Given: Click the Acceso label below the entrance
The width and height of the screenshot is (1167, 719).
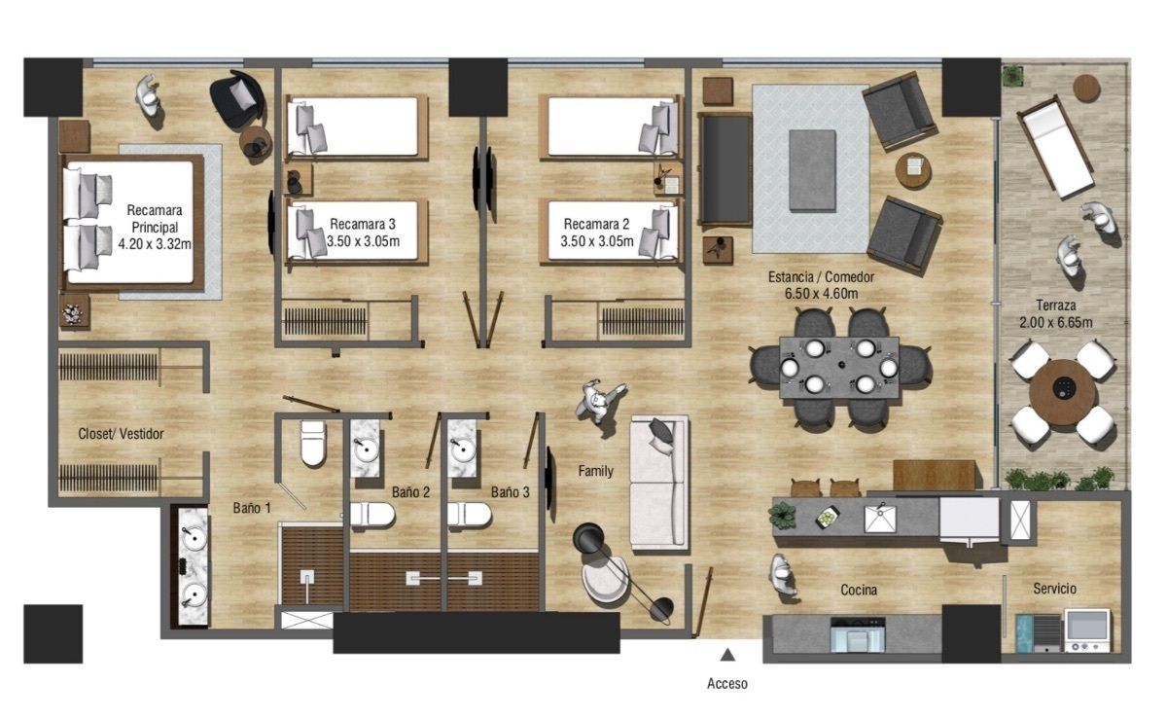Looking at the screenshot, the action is click(x=726, y=684).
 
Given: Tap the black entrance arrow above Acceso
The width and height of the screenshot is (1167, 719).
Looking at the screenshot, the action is click(x=727, y=655).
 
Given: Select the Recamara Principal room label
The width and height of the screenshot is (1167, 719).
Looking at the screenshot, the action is click(x=155, y=219).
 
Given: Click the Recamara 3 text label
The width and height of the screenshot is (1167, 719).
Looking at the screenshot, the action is click(x=363, y=224).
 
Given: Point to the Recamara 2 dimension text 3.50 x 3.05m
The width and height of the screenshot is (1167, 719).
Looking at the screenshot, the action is click(x=596, y=241).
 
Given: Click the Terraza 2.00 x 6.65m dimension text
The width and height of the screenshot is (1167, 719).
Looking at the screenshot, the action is click(x=1056, y=322).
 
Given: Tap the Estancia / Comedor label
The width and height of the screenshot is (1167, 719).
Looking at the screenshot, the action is click(x=821, y=277).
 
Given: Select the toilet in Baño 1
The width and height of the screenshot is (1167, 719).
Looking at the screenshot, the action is click(x=312, y=443).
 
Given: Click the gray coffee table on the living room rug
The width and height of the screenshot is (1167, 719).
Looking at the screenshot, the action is click(x=813, y=170).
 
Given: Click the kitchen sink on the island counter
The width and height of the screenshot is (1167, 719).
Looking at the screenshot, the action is click(x=880, y=519).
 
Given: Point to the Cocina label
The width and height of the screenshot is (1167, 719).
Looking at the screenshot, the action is click(x=859, y=590).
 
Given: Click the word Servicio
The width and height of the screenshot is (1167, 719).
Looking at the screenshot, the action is click(x=1054, y=589).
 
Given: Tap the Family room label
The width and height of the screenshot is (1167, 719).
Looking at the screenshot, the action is click(x=595, y=471).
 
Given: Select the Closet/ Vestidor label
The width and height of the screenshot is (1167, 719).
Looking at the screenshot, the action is click(x=121, y=434).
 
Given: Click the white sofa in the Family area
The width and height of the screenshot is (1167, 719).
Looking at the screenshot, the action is click(x=659, y=483).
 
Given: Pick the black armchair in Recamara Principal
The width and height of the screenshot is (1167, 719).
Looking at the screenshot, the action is click(x=237, y=98).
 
